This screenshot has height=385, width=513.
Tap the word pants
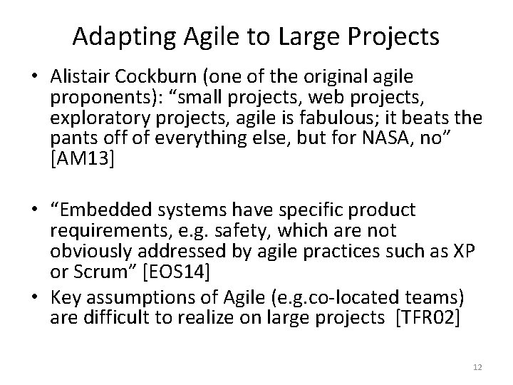(x=74, y=135)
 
